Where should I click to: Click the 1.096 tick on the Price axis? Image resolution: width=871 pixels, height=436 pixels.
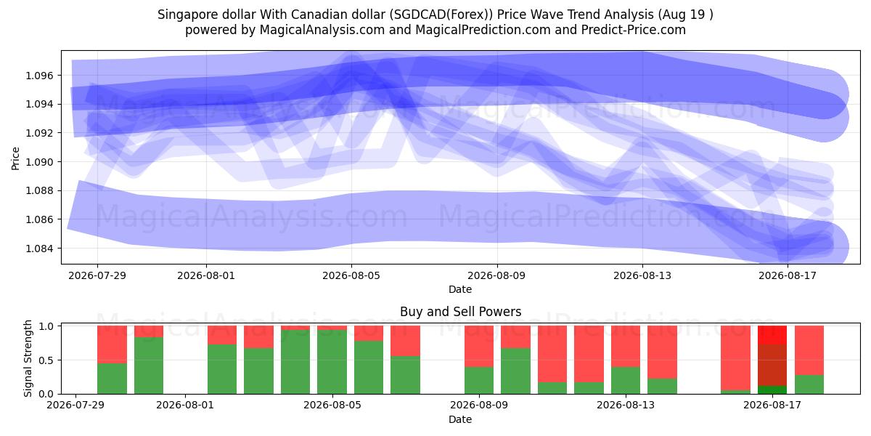click(x=40, y=75)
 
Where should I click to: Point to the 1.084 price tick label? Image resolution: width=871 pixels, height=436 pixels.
click(x=40, y=249)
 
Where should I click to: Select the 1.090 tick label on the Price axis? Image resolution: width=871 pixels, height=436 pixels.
click(x=40, y=162)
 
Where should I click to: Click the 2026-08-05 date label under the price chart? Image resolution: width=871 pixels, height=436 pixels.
click(x=351, y=275)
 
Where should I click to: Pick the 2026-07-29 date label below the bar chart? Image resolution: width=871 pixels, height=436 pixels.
click(x=75, y=405)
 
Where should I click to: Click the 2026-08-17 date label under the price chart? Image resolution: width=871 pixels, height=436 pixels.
click(x=788, y=275)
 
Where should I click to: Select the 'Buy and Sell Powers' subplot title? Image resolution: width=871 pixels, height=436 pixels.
click(x=460, y=312)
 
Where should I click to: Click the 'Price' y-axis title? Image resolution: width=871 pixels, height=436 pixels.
click(x=15, y=158)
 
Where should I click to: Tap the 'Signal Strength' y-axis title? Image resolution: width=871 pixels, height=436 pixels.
click(x=28, y=358)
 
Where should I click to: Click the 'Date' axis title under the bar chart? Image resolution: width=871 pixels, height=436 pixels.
click(x=460, y=419)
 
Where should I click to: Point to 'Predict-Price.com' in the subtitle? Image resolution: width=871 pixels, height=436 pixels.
click(x=634, y=30)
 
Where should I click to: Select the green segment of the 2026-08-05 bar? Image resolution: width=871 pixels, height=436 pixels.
click(x=332, y=362)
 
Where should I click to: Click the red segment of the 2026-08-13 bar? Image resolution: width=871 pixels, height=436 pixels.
click(x=626, y=346)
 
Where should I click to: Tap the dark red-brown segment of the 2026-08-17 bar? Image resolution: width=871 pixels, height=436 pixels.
click(x=772, y=365)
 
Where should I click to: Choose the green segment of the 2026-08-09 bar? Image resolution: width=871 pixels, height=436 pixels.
click(x=479, y=380)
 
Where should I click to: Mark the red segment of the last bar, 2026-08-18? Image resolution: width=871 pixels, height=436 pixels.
click(x=809, y=350)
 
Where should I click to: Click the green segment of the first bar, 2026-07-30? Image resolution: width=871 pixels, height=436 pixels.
click(x=112, y=379)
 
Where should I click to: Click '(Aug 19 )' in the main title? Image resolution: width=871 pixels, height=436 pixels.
click(x=685, y=15)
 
